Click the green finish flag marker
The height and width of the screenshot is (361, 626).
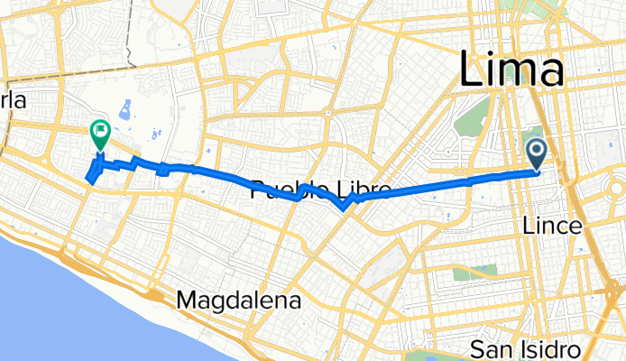[99, 135]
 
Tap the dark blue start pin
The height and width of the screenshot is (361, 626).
[537, 153]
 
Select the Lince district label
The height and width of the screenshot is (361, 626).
[550, 227]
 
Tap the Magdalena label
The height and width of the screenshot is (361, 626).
[239, 299]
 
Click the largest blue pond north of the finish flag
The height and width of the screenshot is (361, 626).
[124, 110]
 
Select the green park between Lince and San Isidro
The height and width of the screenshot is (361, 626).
[475, 273]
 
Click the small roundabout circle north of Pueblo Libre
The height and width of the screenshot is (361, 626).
[329, 114]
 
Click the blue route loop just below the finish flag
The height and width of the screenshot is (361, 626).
[94, 171]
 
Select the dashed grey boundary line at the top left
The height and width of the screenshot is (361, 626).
[130, 36]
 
